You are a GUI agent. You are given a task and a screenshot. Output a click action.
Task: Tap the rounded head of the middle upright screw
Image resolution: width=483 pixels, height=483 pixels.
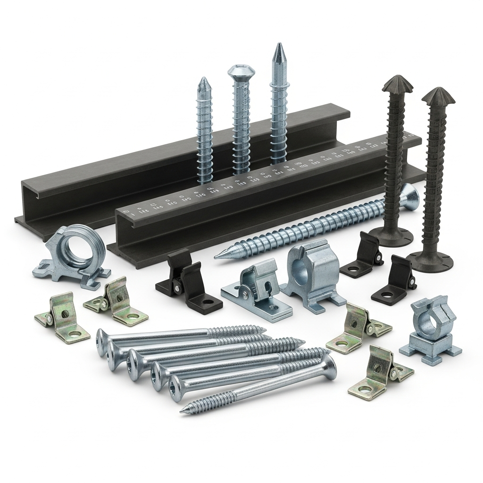click(241, 72)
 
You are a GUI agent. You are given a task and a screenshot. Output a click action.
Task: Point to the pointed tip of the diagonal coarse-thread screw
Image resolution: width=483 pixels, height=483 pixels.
click(217, 256)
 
